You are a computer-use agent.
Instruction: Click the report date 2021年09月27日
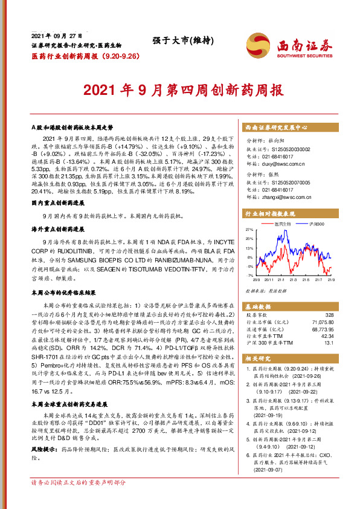pos(56,36)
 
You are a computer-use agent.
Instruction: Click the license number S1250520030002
pos(288,148)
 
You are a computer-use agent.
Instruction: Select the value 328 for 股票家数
pos(329,315)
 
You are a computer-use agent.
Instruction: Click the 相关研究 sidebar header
pos(257,358)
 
